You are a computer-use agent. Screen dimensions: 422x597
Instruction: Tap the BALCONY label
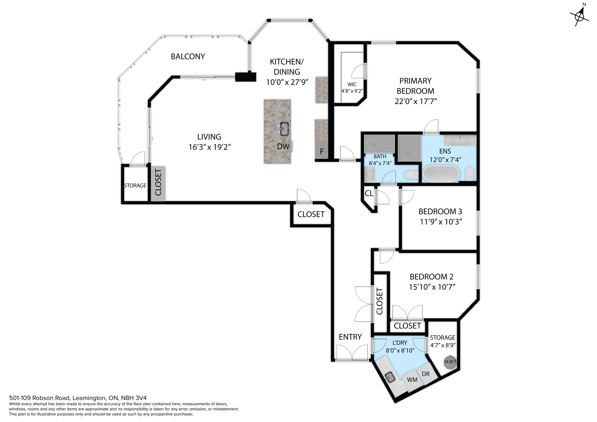tap(188, 57)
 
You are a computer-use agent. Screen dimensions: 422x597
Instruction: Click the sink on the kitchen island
tap(284, 129)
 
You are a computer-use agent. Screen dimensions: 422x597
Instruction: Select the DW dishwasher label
tap(283, 147)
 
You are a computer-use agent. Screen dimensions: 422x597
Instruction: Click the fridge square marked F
tap(322, 151)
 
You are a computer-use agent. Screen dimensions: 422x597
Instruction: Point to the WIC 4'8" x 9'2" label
tap(352, 88)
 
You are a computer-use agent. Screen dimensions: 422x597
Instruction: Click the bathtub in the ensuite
tap(441, 174)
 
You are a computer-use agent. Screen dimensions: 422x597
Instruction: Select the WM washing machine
tap(412, 380)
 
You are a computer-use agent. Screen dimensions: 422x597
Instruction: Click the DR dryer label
tap(426, 374)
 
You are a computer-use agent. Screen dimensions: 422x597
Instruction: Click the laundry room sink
tap(390, 378)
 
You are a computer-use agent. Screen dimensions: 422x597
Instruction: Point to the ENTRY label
tap(350, 337)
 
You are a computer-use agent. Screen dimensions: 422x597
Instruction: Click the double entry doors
tap(352, 353)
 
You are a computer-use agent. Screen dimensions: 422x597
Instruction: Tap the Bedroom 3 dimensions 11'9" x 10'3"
tap(441, 222)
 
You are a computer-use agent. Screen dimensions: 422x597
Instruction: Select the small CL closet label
tap(369, 194)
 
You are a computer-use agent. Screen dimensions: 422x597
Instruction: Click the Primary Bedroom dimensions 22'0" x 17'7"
tap(416, 101)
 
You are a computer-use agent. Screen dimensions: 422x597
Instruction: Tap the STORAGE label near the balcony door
tap(135, 186)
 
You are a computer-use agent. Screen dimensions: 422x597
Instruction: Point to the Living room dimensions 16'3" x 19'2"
tap(210, 147)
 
